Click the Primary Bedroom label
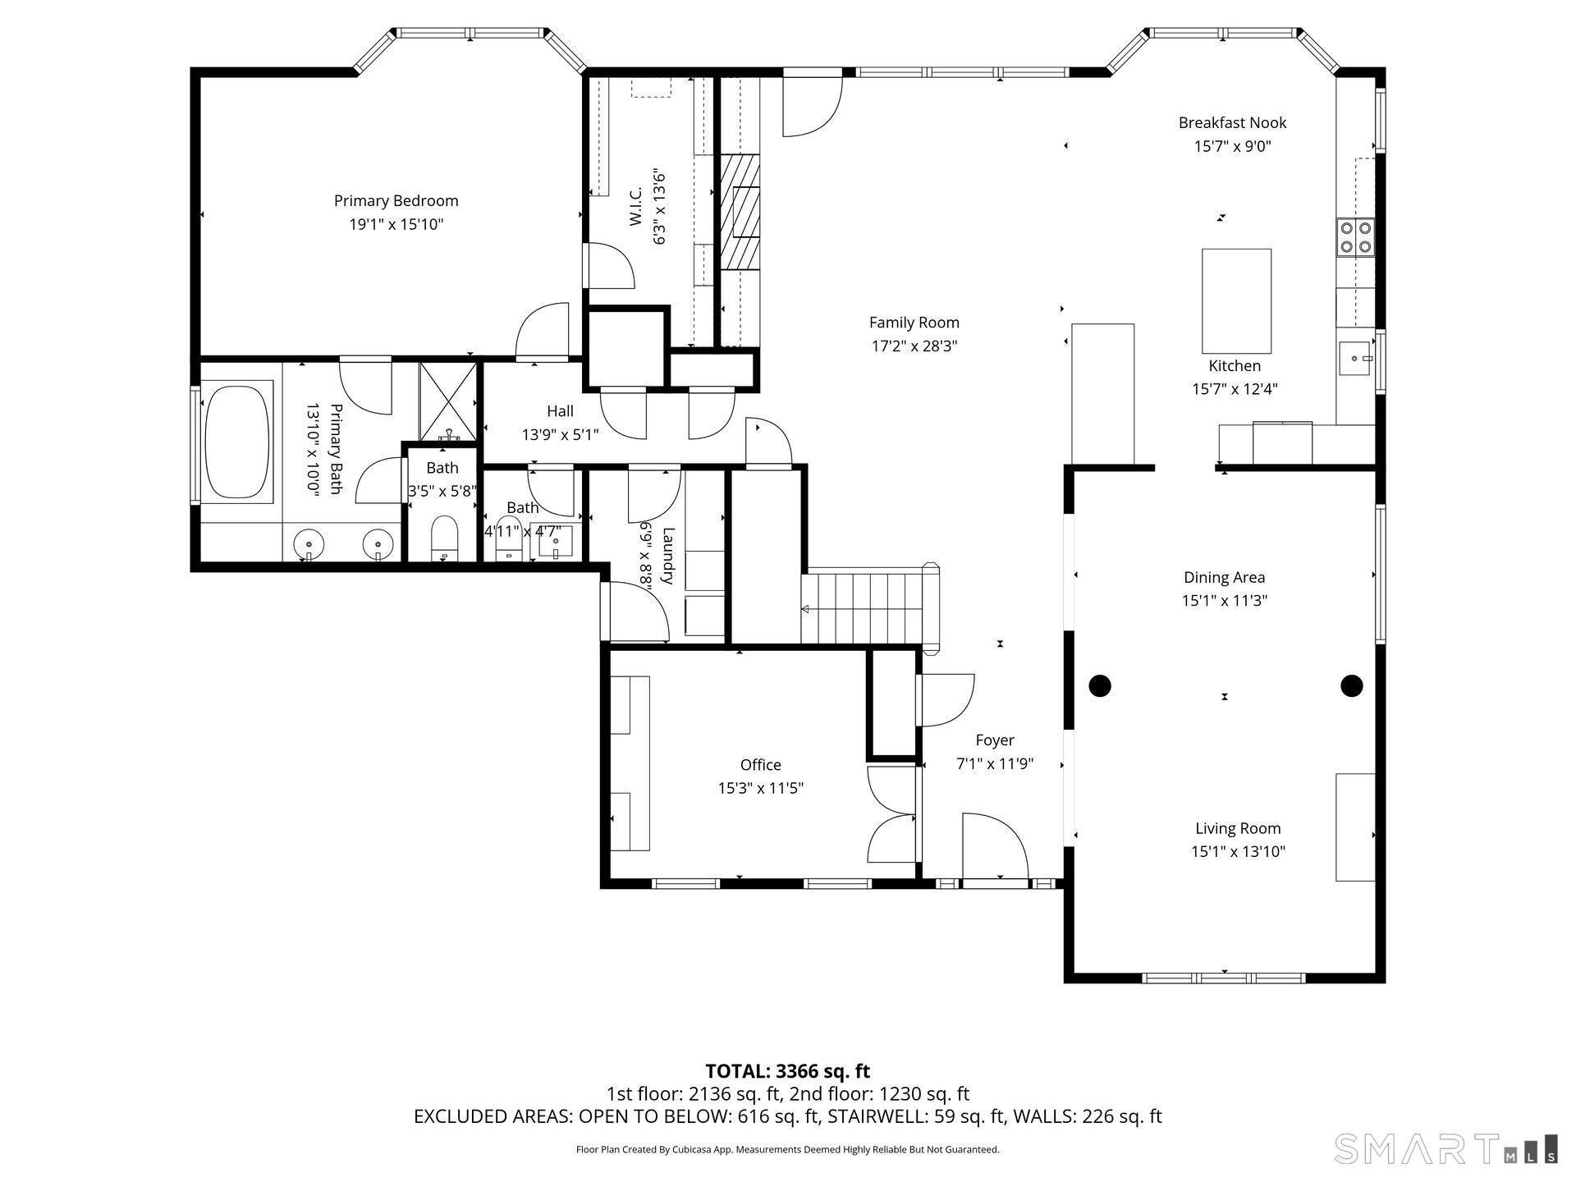(396, 201)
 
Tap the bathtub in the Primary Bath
(237, 443)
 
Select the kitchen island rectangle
(1236, 300)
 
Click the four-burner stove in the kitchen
(1355, 237)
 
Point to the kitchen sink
(1355, 359)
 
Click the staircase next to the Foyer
(870, 608)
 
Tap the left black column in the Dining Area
(1100, 685)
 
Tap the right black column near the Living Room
(1352, 685)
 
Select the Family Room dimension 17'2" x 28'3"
(914, 346)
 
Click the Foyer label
(995, 740)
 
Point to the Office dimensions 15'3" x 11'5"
(760, 789)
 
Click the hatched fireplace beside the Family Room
(740, 212)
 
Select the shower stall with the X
(448, 403)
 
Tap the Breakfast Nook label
(1232, 123)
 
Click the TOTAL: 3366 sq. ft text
(788, 1071)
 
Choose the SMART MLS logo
(1445, 1148)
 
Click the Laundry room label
(667, 556)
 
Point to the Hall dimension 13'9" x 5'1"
(561, 435)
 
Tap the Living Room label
(1238, 829)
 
